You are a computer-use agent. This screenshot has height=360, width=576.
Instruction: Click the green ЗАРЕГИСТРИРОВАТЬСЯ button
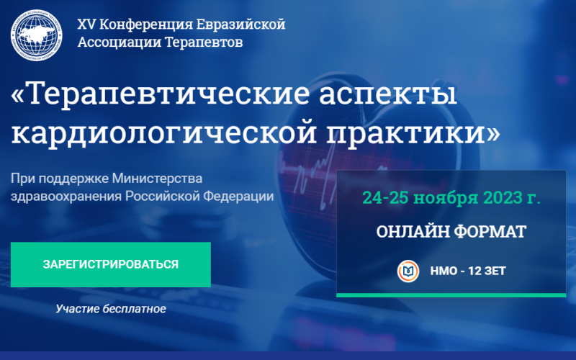tap(111, 264)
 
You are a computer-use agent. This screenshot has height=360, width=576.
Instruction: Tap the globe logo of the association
tap(37, 35)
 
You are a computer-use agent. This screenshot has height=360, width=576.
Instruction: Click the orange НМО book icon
tap(408, 271)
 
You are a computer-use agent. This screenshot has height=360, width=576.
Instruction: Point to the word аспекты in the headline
tap(388, 95)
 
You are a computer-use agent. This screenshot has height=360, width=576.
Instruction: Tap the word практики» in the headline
tap(413, 133)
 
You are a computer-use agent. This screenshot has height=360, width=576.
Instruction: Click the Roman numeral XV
tap(86, 24)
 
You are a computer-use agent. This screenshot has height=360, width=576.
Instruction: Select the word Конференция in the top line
tap(146, 25)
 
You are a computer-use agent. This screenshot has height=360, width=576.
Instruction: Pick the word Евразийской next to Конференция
tap(241, 24)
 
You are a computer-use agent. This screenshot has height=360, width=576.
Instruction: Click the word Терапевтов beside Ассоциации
tap(204, 42)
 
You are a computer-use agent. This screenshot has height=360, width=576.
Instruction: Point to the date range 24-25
tap(385, 197)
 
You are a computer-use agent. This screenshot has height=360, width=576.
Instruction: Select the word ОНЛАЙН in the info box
tap(413, 232)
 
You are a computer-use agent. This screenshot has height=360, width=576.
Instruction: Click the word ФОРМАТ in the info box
tap(490, 232)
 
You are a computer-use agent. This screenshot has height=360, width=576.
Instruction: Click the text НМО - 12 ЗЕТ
tap(468, 271)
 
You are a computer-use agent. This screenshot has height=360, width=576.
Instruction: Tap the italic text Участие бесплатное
tap(111, 309)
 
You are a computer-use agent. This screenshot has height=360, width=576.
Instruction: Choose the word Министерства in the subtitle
tap(157, 179)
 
